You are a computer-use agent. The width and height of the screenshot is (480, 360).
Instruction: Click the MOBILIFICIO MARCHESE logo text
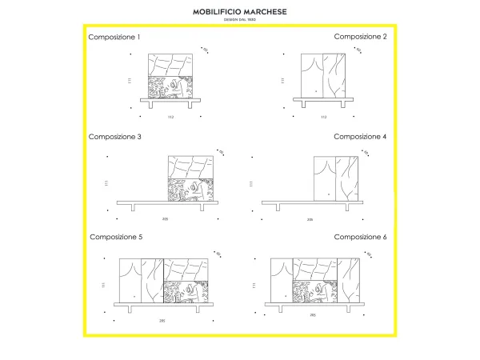click(240, 12)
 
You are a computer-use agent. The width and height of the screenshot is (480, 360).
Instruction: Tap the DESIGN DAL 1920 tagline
click(240, 20)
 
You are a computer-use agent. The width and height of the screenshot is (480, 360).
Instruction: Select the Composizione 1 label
click(114, 37)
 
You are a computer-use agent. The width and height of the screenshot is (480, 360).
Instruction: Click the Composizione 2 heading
click(360, 37)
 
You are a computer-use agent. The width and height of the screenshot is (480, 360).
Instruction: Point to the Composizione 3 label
click(114, 137)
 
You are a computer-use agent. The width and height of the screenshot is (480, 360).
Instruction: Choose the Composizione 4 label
click(360, 137)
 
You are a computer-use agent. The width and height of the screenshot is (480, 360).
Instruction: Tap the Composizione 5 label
click(116, 237)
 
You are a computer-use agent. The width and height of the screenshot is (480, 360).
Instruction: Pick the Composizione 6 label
click(360, 237)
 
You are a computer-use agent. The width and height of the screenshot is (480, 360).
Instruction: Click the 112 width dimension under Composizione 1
click(170, 118)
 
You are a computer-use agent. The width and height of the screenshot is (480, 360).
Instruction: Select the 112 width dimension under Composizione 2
click(323, 118)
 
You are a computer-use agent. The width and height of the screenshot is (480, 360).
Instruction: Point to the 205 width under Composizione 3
click(166, 218)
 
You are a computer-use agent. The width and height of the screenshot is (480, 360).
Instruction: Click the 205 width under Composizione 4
click(310, 218)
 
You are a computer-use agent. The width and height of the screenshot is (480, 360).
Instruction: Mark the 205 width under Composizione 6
click(313, 315)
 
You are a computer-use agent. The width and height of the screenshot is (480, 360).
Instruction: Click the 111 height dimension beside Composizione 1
click(129, 81)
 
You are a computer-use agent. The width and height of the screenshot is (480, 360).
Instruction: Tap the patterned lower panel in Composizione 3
click(191, 189)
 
